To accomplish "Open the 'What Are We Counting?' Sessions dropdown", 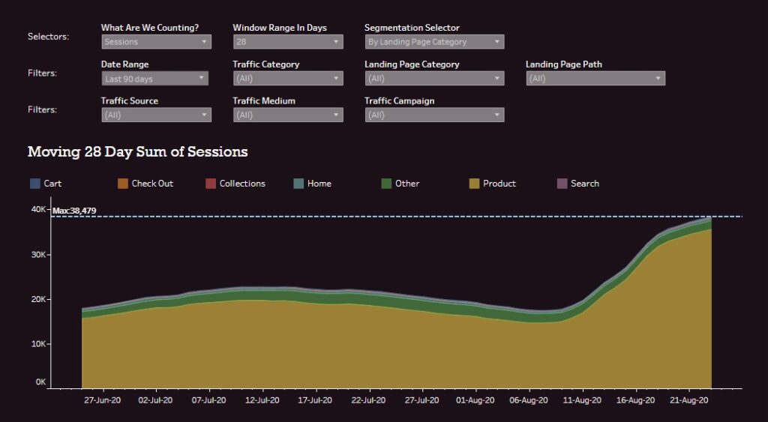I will (156, 42).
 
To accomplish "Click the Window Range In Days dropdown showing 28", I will (288, 42).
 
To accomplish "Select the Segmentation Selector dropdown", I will (434, 42).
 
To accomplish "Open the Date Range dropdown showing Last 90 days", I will (154, 79).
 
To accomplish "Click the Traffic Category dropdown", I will (288, 79).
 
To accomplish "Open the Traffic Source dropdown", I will (156, 115).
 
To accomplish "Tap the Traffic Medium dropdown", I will (288, 115).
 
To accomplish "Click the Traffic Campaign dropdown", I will (434, 115).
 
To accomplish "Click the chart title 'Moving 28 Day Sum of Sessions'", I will (137, 152).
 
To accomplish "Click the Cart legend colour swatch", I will (34, 184).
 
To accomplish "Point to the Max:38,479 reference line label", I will (74, 211).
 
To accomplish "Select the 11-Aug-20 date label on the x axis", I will (581, 401).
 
